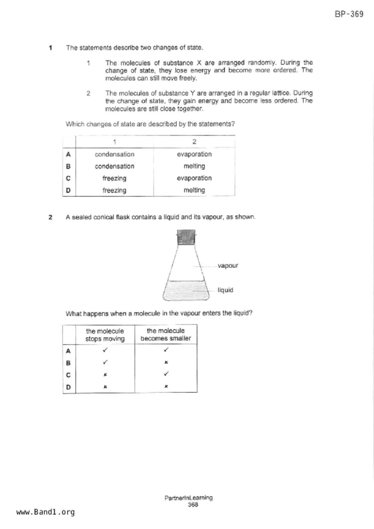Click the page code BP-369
click(x=349, y=14)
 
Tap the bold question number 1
click(x=50, y=48)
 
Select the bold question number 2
click(x=50, y=217)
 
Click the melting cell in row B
click(x=194, y=166)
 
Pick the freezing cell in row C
click(x=114, y=178)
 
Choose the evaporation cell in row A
click(x=194, y=154)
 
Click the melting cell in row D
click(x=194, y=190)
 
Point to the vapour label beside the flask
click(x=228, y=266)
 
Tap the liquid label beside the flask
click(x=225, y=290)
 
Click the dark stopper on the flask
click(x=186, y=237)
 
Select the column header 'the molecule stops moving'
click(x=105, y=335)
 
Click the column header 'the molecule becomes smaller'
click(x=166, y=334)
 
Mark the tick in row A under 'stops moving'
click(x=105, y=350)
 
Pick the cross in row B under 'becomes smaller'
click(x=166, y=363)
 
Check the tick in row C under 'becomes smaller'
click(x=166, y=374)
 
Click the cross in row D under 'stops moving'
click(x=105, y=387)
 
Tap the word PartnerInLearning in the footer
click(x=188, y=498)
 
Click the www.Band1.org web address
click(x=45, y=512)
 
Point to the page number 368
click(x=193, y=505)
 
